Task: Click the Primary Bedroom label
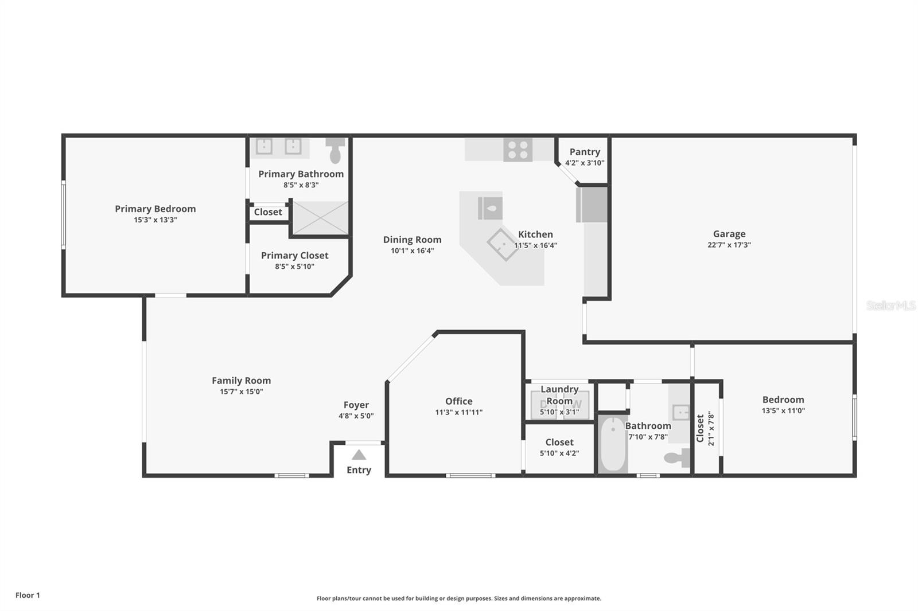(x=155, y=209)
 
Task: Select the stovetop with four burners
(x=518, y=150)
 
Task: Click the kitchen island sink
(x=490, y=209)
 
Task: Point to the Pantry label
(x=585, y=152)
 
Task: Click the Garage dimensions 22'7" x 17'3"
(x=729, y=245)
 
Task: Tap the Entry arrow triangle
(x=359, y=455)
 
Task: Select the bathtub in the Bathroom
(x=613, y=445)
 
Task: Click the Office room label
(x=458, y=401)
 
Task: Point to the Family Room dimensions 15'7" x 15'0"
(x=241, y=391)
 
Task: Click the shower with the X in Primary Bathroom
(x=320, y=218)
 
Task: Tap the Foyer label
(x=356, y=405)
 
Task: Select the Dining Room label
(x=412, y=240)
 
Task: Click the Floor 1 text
(x=28, y=595)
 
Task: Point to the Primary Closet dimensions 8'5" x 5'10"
(x=294, y=267)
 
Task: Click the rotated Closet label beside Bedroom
(x=700, y=428)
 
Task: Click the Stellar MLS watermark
(x=890, y=306)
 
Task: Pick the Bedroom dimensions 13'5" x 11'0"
(x=783, y=410)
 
